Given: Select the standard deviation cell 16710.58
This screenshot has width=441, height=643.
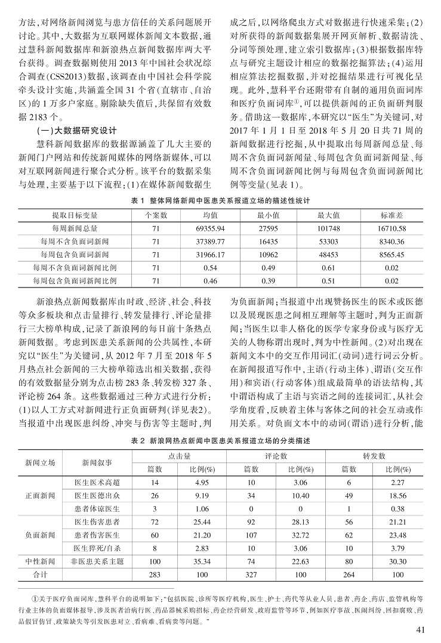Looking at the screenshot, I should point(392,228).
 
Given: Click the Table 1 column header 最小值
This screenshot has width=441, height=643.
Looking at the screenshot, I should point(269,215).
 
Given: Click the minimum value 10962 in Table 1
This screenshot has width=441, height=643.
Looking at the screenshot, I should point(269,254).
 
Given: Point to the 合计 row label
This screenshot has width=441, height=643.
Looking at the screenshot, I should point(40,574).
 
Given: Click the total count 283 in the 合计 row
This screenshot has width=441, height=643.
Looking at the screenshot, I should point(155,574).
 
